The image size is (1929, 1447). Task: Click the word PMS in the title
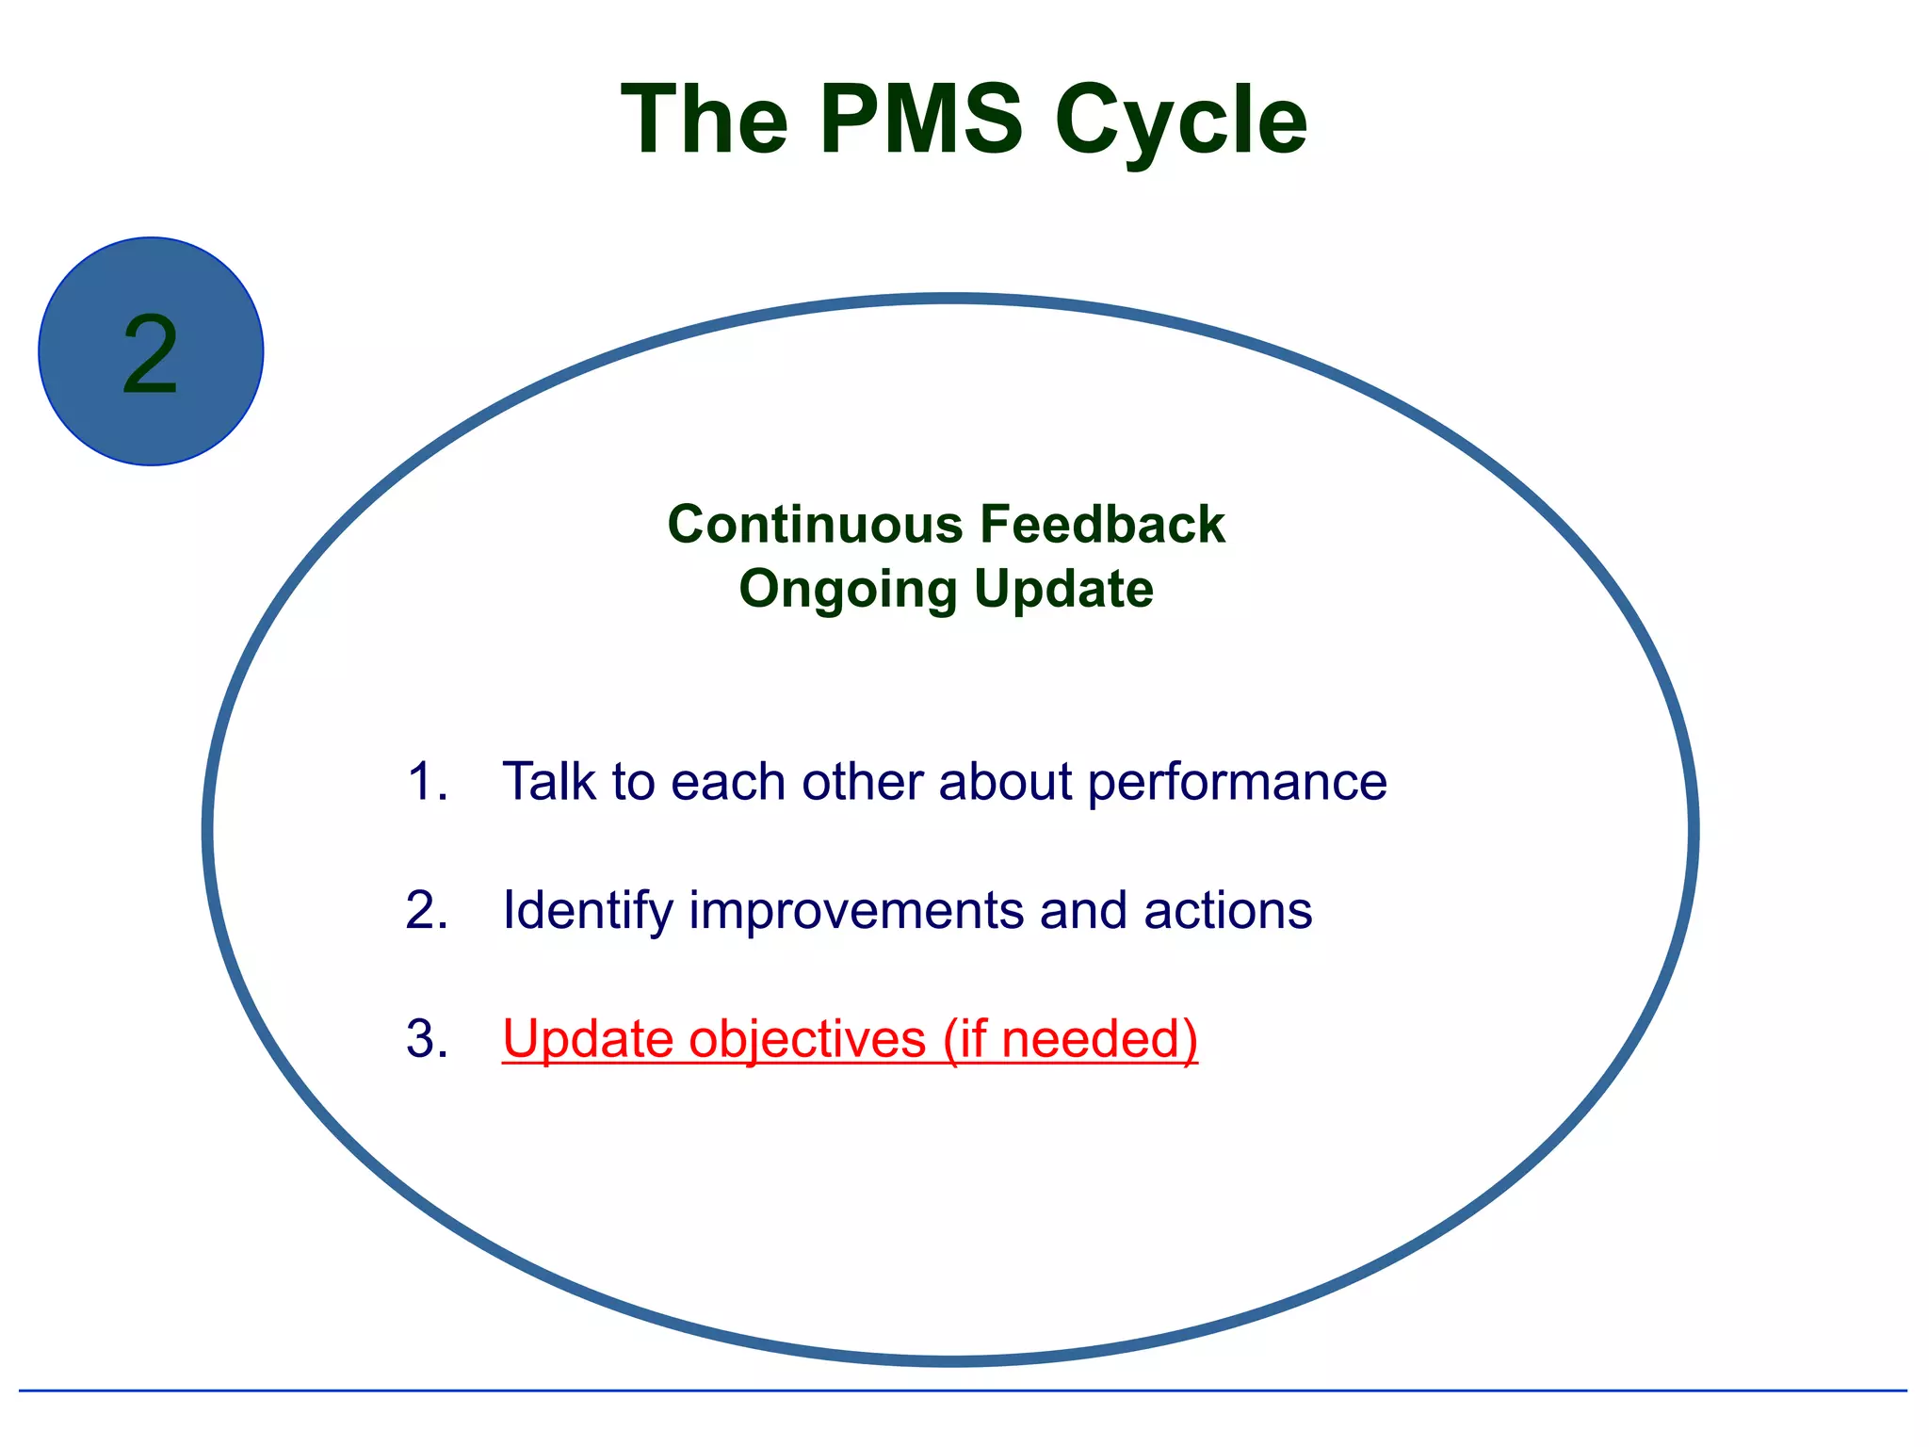pyautogui.click(x=920, y=120)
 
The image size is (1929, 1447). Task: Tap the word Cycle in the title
pyautogui.click(x=1181, y=120)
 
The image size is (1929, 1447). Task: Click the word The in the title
pyautogui.click(x=705, y=120)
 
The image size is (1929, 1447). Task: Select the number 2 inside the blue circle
pyautogui.click(x=151, y=354)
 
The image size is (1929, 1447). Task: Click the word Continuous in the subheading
pyautogui.click(x=815, y=524)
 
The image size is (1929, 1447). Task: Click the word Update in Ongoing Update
pyautogui.click(x=1063, y=590)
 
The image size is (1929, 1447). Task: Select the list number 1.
pyautogui.click(x=427, y=782)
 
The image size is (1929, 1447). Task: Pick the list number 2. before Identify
pyautogui.click(x=427, y=910)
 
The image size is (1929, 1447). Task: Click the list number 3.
pyautogui.click(x=427, y=1039)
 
